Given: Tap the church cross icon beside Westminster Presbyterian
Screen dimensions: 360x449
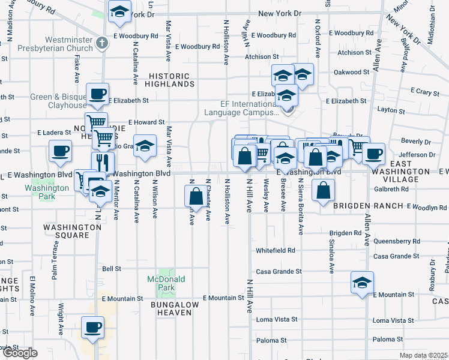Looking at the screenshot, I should (103, 43).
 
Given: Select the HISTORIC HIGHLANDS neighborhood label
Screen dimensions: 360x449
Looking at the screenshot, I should (169, 80).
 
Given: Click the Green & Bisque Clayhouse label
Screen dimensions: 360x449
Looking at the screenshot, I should (58, 101).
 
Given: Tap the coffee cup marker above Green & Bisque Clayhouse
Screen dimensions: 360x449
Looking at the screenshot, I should (97, 94).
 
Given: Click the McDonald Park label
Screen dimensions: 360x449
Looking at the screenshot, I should (167, 283).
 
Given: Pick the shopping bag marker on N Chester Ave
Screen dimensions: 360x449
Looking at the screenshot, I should (196, 196).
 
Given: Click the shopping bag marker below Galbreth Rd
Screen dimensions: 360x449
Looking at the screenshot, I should (323, 190).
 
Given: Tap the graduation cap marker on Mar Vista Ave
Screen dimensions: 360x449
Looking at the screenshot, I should (145, 146).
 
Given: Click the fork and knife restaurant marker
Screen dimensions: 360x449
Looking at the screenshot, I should (103, 163).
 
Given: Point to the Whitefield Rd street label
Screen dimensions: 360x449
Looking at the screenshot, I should (276, 250).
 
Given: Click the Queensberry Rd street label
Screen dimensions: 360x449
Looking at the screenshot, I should (396, 241).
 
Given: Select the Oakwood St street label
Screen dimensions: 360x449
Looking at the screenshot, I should (352, 72).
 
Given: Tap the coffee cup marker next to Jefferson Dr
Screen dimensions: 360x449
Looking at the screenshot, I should (373, 154).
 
